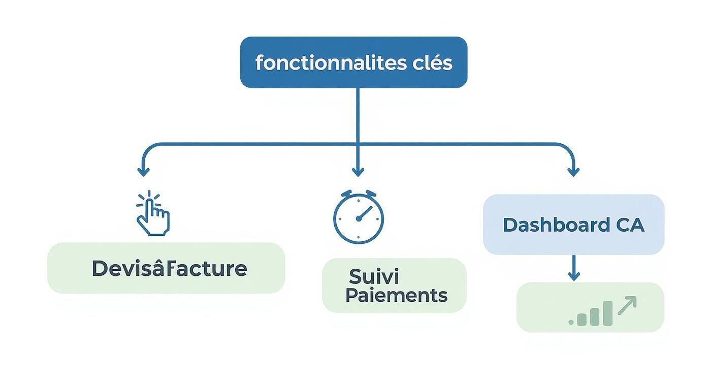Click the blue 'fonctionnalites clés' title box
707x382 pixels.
tap(353, 62)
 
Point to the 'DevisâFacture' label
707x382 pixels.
tap(169, 268)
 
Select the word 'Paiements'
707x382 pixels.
tap(396, 295)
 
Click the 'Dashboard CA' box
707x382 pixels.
tap(573, 225)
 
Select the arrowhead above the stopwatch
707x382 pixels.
tap(358, 172)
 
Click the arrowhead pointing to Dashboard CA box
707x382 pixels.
tap(573, 172)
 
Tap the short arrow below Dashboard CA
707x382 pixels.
tap(573, 268)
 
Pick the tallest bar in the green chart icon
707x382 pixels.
tap(607, 312)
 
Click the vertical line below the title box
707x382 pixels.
tap(358, 114)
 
